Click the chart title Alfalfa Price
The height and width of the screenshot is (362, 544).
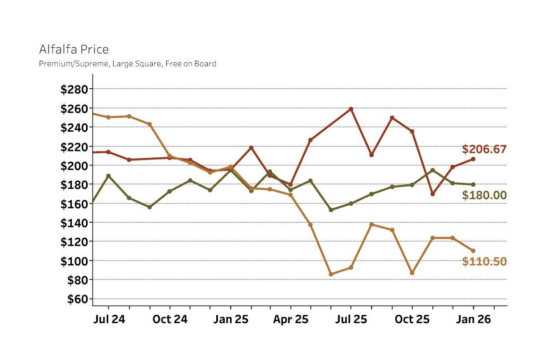click(74, 49)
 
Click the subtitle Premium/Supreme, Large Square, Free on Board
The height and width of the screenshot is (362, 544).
click(127, 64)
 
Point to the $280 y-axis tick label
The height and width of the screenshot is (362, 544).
click(74, 89)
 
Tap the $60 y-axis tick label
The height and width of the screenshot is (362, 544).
click(77, 299)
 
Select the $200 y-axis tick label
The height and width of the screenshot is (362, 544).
click(74, 165)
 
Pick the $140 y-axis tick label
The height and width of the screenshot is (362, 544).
click(74, 222)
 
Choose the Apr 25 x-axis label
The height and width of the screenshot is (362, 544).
click(291, 319)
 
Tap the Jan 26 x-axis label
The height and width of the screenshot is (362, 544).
click(473, 319)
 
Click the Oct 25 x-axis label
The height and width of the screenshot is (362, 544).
click(412, 319)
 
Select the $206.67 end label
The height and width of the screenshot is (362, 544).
click(484, 149)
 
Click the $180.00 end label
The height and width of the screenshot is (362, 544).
click(484, 195)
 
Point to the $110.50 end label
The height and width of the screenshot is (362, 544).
click(484, 262)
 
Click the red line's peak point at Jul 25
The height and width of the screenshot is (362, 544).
click(351, 109)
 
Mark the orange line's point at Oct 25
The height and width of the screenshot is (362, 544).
click(412, 273)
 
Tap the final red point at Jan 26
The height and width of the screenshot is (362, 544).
click(473, 159)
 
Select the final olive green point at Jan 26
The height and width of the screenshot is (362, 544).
click(473, 184)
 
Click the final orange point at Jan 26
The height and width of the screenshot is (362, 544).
click(473, 251)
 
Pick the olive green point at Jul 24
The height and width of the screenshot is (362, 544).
click(108, 176)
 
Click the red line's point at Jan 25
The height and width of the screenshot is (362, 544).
click(230, 170)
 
